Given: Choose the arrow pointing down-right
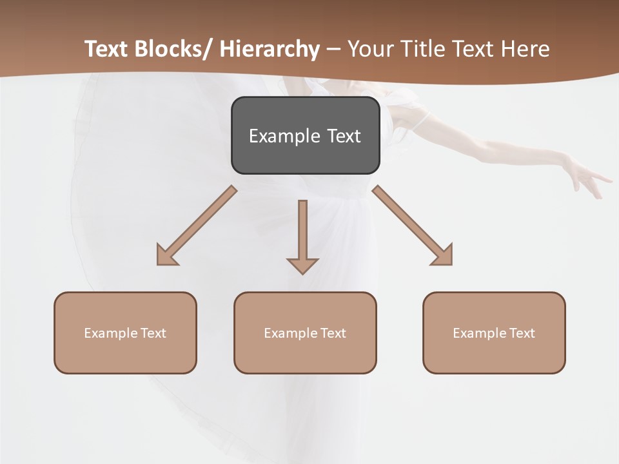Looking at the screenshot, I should click(413, 226).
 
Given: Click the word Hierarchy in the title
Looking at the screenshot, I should click(269, 49).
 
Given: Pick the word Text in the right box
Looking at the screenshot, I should click(522, 333).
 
